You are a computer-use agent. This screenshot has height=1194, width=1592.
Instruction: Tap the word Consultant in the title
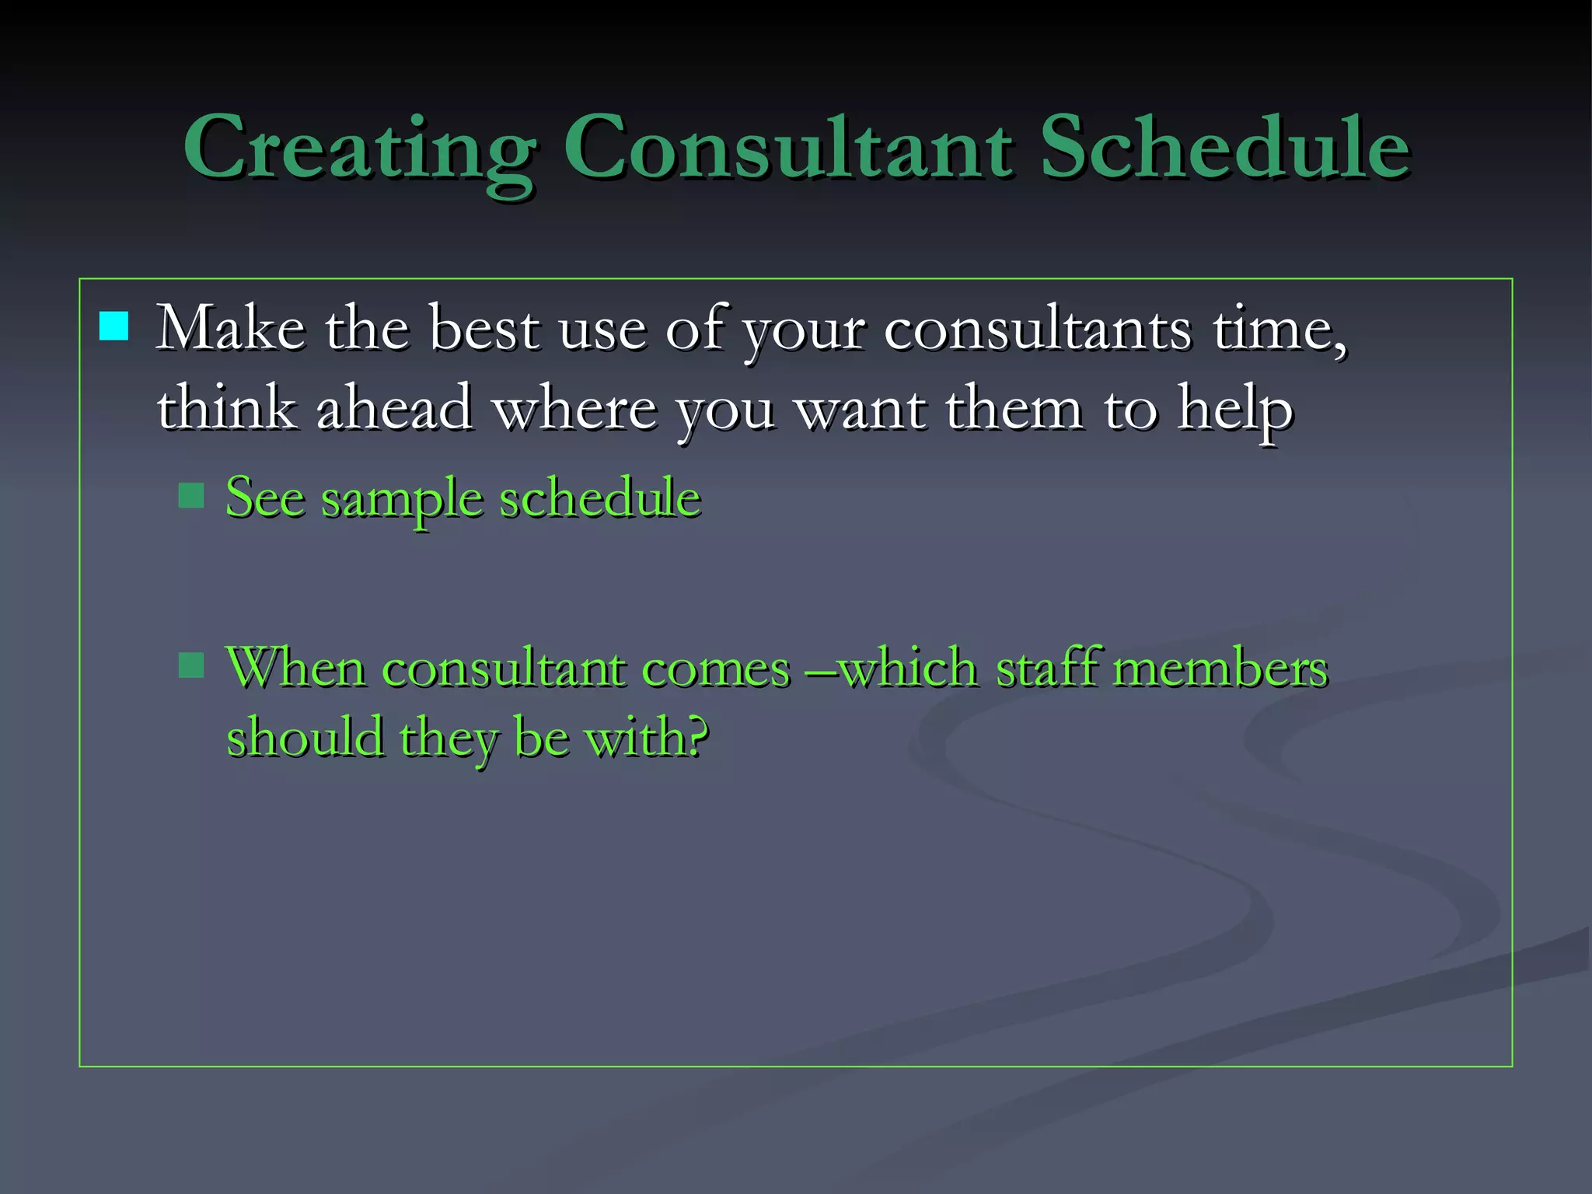pos(788,148)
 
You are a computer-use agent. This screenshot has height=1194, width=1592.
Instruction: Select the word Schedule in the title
pos(1224,148)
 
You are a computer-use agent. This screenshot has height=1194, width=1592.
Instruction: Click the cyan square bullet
pos(113,326)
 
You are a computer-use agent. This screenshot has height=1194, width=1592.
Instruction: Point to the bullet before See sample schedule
pos(191,495)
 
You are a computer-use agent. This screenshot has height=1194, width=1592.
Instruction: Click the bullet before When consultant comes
pos(191,665)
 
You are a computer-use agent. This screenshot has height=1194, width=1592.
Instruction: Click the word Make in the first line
pos(230,328)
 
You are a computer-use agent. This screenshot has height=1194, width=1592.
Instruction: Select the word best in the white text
pos(484,328)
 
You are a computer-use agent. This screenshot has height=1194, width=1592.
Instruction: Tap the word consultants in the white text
pos(1038,328)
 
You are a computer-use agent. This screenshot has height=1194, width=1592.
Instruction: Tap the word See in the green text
pos(264,497)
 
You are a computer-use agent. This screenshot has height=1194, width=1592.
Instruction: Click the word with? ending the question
pos(646,737)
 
